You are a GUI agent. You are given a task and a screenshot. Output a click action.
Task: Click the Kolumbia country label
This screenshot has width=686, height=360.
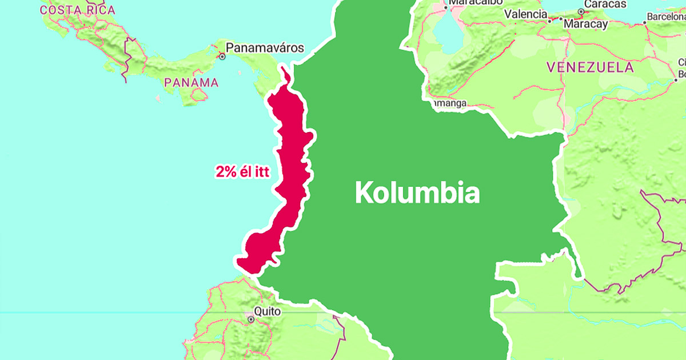coord(417,193)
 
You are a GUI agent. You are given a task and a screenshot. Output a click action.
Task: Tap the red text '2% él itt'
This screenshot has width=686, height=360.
coord(242,171)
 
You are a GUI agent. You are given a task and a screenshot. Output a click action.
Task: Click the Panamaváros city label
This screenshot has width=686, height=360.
coord(265,48)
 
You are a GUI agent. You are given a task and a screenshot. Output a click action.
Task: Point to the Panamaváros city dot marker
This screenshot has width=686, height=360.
coord(222,57)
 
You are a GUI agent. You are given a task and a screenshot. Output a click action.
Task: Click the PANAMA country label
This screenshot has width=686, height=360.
coord(191,83)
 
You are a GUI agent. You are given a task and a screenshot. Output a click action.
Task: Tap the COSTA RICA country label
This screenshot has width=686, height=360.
coord(78,10)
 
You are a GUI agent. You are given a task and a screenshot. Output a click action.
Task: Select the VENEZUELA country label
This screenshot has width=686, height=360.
coord(590,67)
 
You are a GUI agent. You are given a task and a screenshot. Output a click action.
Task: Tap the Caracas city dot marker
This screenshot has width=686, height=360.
coord(581,11)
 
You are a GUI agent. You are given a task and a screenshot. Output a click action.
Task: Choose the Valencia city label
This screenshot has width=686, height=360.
coord(524,13)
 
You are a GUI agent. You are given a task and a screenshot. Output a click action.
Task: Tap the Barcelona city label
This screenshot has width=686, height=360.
coord(667,17)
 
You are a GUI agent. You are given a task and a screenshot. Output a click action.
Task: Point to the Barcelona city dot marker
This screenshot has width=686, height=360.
coord(644,22)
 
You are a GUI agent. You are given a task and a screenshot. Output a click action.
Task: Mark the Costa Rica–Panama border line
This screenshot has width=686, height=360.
coord(127,57)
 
